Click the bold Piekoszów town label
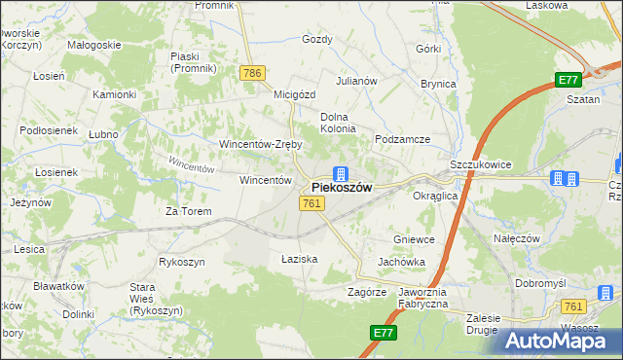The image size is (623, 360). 341,188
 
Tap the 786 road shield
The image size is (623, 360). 253,73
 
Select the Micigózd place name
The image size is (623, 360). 295,95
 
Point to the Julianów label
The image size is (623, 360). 356,81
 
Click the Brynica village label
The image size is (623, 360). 438,84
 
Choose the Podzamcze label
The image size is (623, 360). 403,139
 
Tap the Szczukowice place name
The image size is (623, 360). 481,165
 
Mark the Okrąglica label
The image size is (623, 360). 435,196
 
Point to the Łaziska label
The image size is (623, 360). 299,259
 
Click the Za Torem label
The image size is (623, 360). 188,211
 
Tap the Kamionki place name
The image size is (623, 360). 114,94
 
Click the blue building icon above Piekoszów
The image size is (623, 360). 340,173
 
